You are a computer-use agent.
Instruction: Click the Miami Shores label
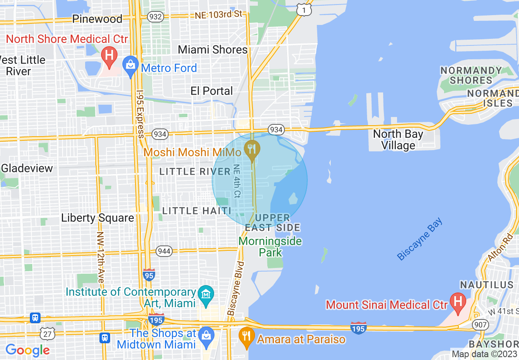[x=213, y=50]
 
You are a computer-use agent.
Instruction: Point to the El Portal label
[x=212, y=91]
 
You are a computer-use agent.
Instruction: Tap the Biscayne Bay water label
[x=420, y=239]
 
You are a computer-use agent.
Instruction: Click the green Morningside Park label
[x=270, y=246]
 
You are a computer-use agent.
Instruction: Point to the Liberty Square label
[x=97, y=218]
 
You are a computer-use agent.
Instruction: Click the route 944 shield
[x=164, y=251]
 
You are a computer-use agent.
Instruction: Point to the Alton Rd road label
[x=500, y=248]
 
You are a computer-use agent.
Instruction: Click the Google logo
[x=27, y=350]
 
